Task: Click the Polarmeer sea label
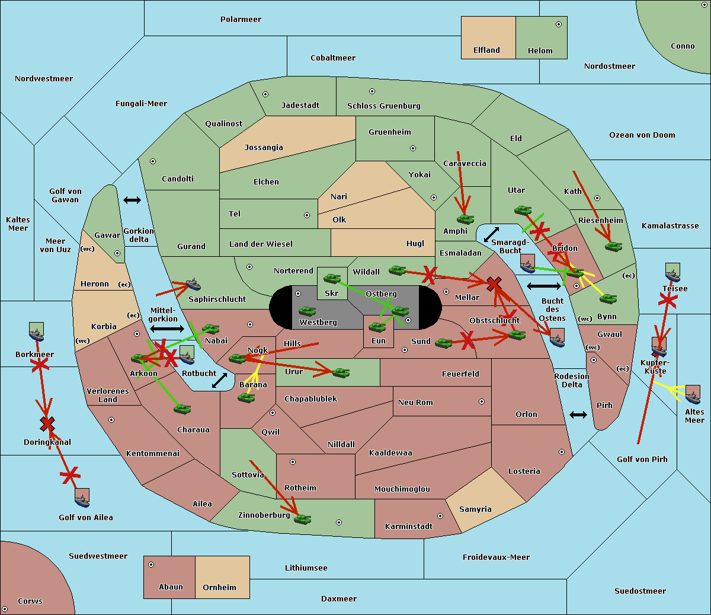(241, 20)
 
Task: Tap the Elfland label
(486, 50)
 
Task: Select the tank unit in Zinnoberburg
(302, 519)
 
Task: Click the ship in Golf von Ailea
(82, 498)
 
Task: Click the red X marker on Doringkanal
(47, 424)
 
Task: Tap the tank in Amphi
(465, 219)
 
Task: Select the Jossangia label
(264, 148)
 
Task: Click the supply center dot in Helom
(559, 24)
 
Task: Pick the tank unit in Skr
(332, 278)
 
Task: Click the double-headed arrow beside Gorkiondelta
(132, 200)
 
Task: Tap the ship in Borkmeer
(36, 332)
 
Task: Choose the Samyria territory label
(475, 509)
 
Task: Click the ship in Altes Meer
(693, 394)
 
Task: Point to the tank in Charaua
(182, 409)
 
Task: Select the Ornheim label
(219, 587)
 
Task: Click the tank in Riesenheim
(614, 247)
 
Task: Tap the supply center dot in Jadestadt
(265, 94)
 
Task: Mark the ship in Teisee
(672, 272)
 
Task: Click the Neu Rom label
(415, 402)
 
